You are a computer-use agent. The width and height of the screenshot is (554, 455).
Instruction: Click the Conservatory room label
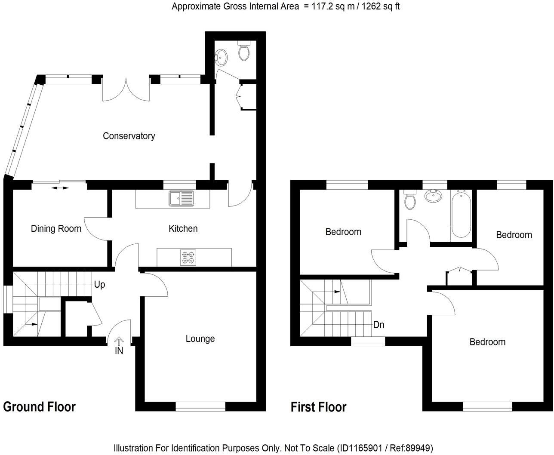129,136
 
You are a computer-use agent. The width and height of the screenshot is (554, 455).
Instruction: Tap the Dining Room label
56,229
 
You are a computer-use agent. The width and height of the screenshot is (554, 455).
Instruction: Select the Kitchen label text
183,228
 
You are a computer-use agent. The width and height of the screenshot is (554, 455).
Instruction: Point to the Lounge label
200,339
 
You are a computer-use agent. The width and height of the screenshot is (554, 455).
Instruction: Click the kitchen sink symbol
182,199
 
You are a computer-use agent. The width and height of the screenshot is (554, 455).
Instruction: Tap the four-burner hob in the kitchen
188,257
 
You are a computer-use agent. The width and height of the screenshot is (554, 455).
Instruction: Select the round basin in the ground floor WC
221,57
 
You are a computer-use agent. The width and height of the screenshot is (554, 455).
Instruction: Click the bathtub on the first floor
461,214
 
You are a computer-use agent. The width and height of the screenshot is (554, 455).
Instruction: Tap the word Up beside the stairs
99,285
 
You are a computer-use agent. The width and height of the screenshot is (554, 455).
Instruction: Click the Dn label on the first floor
379,325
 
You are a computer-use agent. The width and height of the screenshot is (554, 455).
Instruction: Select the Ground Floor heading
40,406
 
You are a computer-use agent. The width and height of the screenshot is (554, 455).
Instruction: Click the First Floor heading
318,407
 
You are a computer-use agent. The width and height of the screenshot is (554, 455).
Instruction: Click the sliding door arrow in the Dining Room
60,188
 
